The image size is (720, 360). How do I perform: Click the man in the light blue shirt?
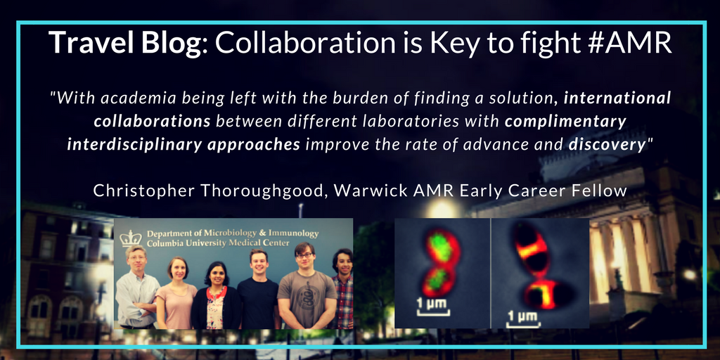[x=136, y=288]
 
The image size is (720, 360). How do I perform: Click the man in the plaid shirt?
[x=342, y=289]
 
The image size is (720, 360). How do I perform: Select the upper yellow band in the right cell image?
[x=532, y=251]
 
